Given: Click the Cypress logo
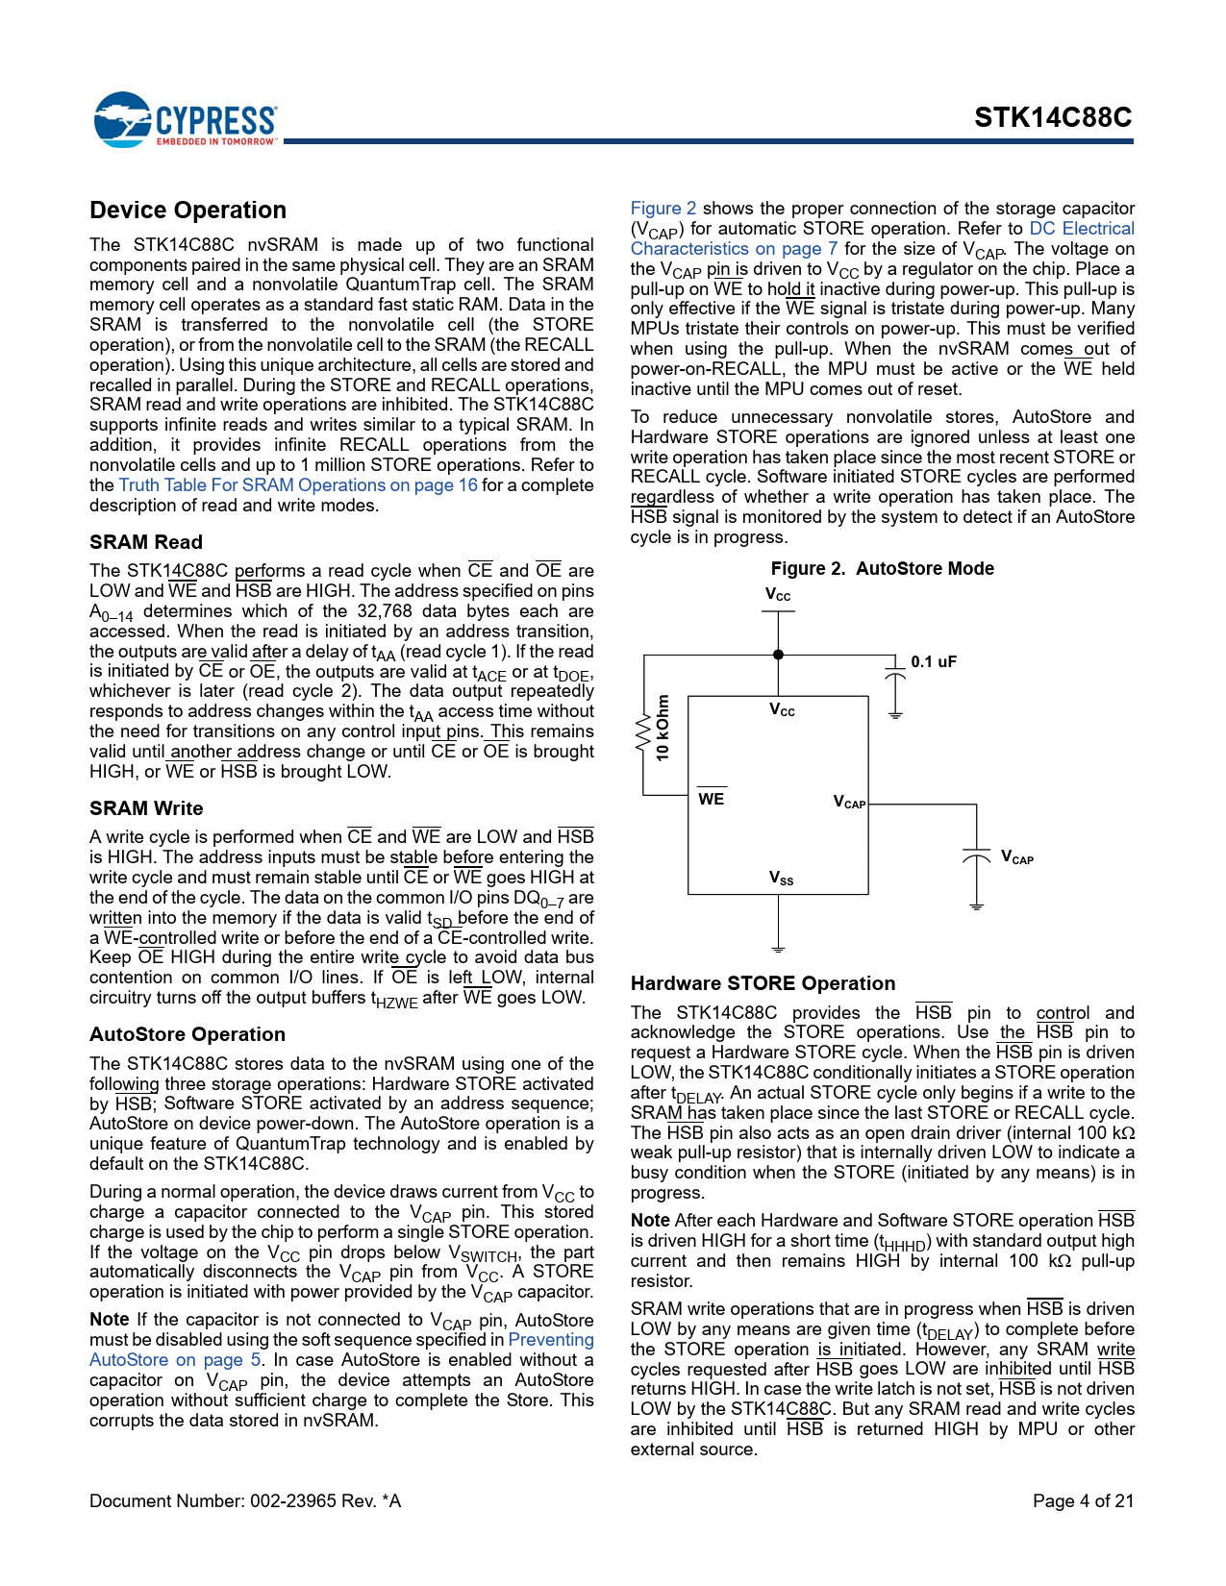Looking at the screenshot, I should pyautogui.click(x=185, y=120).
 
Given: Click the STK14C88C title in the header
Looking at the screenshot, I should pyautogui.click(x=1053, y=117).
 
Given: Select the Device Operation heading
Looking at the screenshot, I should pyautogui.click(x=188, y=211).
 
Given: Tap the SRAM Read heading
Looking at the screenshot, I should pyautogui.click(x=146, y=542).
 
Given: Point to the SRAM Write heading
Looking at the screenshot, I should pyautogui.click(x=146, y=808).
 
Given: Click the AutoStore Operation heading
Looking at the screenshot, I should pyautogui.click(x=188, y=1034).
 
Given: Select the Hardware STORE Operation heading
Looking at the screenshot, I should pyautogui.click(x=763, y=983).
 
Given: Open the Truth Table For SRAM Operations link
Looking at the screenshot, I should pyautogui.click(x=298, y=485).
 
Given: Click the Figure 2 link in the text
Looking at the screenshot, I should pyautogui.click(x=663, y=209).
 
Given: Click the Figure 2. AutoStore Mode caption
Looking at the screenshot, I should pyautogui.click(x=882, y=569).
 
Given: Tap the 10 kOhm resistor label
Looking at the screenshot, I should pyautogui.click(x=663, y=728).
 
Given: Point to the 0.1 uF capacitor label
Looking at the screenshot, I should pyautogui.click(x=934, y=662).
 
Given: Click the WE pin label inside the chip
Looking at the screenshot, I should pyautogui.click(x=712, y=799).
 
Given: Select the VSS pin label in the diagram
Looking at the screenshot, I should pyautogui.click(x=781, y=878).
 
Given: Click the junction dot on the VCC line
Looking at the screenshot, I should pyautogui.click(x=779, y=655).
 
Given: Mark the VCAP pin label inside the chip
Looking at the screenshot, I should pyautogui.click(x=849, y=803).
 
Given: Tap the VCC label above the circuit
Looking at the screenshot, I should pyautogui.click(x=778, y=595).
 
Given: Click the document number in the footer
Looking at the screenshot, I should pyautogui.click(x=244, y=1500).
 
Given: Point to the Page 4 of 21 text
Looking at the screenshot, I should pyautogui.click(x=1083, y=1500).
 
